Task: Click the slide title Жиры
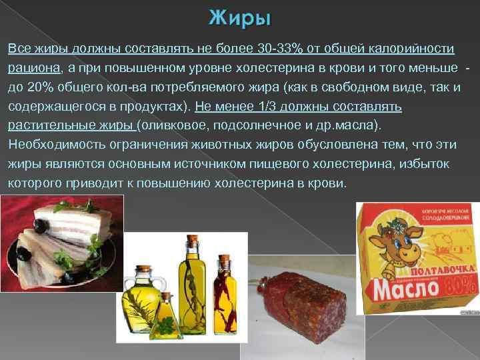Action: [x=240, y=18]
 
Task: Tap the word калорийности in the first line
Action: [x=413, y=49]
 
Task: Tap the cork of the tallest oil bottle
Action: [x=191, y=239]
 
